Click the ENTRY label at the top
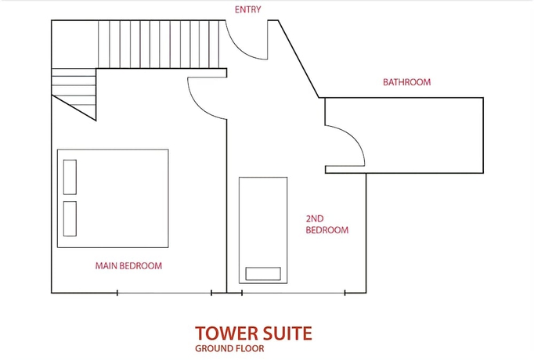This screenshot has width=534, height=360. click(x=247, y=9)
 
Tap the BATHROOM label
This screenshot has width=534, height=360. click(x=406, y=81)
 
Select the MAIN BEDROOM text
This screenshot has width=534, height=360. click(x=128, y=266)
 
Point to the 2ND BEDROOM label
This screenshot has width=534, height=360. click(x=327, y=225)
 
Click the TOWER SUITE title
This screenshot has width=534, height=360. click(x=253, y=333)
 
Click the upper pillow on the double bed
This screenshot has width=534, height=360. click(x=70, y=176)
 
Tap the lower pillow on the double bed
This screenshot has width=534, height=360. click(x=70, y=218)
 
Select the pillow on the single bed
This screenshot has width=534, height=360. click(x=263, y=273)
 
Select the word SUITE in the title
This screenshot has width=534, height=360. click(x=286, y=333)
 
